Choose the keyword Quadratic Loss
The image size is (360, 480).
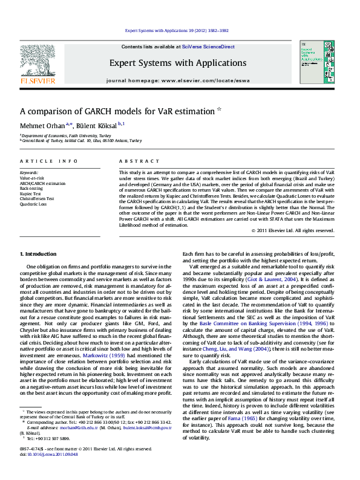(33, 204)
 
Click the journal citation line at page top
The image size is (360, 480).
(177, 30)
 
